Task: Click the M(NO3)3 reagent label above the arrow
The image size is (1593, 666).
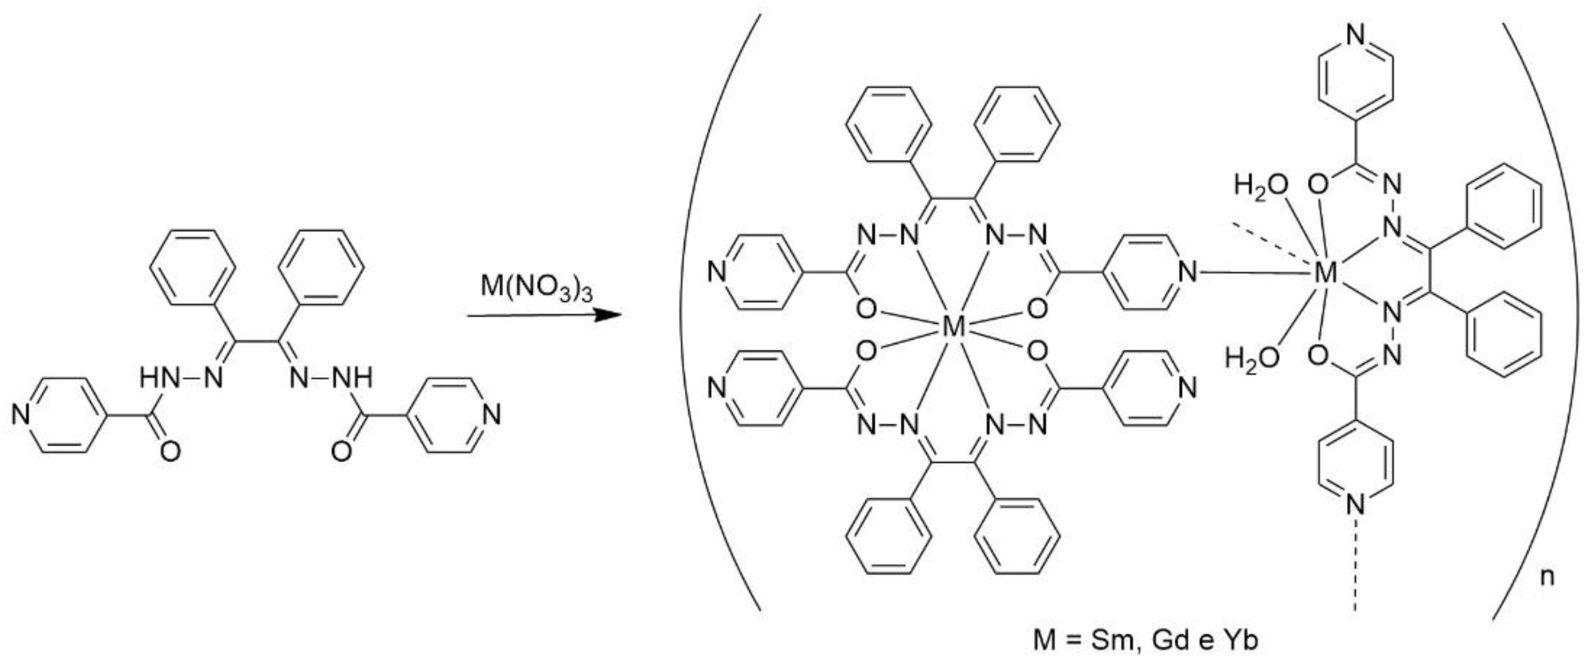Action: (536, 288)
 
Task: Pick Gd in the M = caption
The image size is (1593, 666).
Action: (1170, 640)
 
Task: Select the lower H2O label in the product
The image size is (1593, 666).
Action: (1252, 358)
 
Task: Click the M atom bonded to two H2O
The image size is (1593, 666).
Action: (1326, 272)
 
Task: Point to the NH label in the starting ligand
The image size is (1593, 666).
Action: (353, 377)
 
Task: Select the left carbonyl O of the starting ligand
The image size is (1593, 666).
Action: (170, 452)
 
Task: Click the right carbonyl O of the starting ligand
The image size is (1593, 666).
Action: (341, 452)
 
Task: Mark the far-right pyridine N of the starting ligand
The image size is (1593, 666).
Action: (492, 415)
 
